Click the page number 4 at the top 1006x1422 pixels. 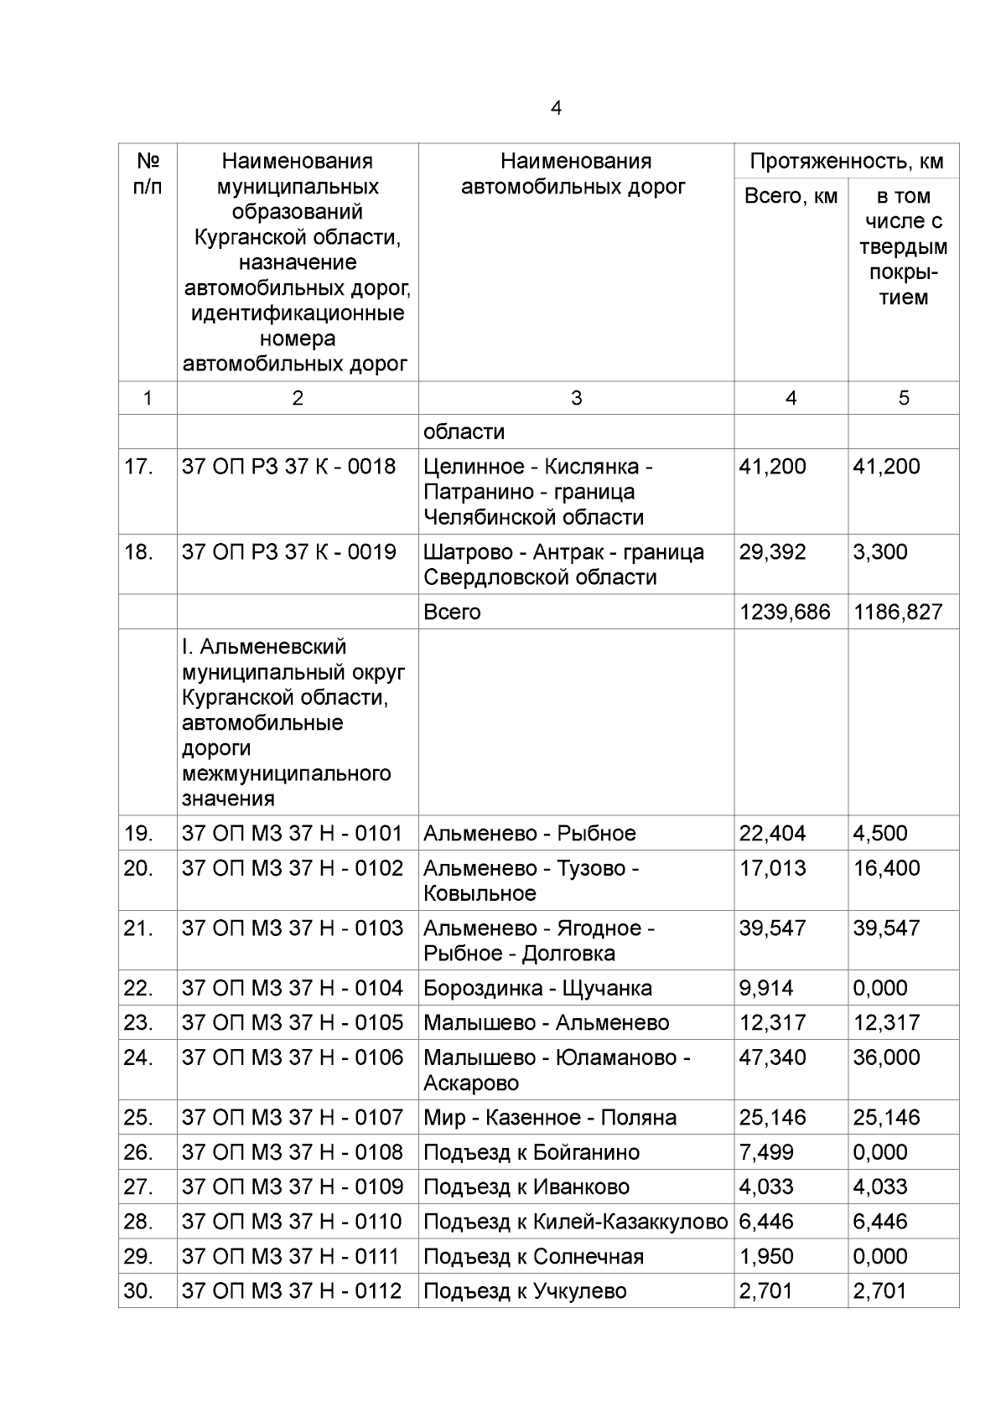tap(556, 108)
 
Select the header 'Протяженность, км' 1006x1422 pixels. tap(846, 161)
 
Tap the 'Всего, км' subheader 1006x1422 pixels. tap(791, 196)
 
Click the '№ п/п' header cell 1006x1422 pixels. tap(148, 173)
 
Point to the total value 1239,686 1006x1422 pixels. tap(784, 612)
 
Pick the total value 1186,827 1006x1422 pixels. tap(898, 612)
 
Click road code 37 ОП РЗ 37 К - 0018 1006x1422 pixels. tap(288, 467)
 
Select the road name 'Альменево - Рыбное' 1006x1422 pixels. tap(529, 833)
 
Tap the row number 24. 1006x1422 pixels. tap(138, 1057)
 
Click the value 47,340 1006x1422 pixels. tap(772, 1057)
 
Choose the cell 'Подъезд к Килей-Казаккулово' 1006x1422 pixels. tap(575, 1222)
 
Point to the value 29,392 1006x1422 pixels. tap(772, 552)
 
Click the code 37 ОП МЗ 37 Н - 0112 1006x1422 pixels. tap(292, 1291)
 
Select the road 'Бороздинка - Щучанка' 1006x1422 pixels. tap(537, 988)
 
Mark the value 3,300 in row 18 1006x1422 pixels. tap(880, 552)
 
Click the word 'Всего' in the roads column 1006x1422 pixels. tap(452, 612)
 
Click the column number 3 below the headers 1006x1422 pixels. tap(576, 398)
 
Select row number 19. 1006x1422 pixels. tap(138, 833)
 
